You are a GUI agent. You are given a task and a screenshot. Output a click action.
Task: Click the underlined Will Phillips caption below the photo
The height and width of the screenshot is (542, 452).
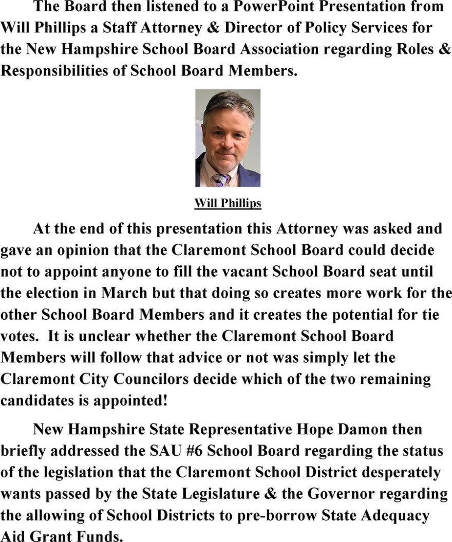click(x=228, y=204)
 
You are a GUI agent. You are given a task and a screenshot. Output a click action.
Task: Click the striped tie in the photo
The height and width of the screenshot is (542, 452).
click(x=220, y=179)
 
